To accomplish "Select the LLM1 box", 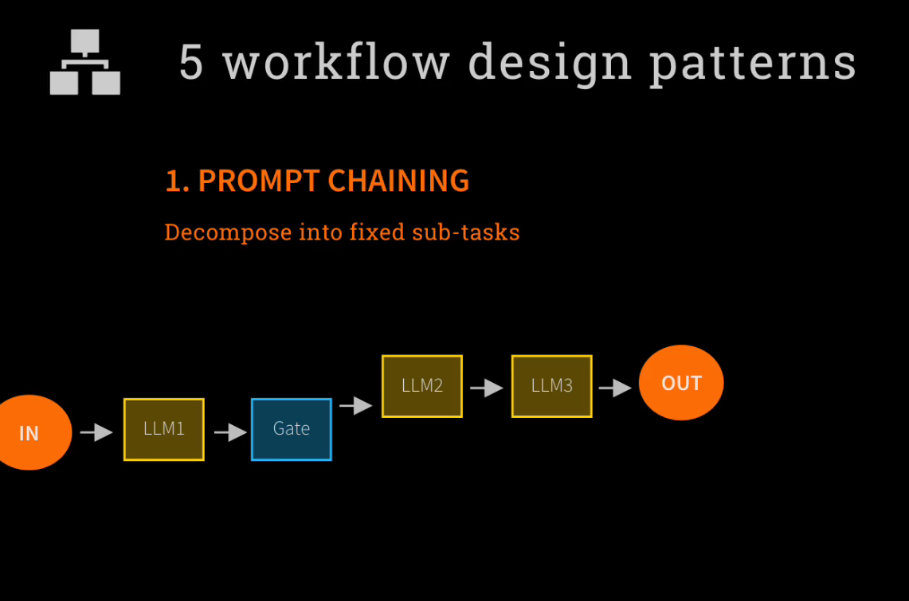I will (164, 429).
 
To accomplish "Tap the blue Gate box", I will (292, 429).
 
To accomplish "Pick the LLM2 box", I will (422, 386).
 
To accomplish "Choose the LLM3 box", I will (552, 386).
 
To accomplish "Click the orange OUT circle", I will (681, 383).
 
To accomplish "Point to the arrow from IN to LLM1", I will (97, 432).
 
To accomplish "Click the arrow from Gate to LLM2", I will (356, 405).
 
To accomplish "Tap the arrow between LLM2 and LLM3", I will (487, 388).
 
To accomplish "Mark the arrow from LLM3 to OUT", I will (615, 388).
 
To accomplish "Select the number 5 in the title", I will (191, 62).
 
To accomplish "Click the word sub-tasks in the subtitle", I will (466, 232).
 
